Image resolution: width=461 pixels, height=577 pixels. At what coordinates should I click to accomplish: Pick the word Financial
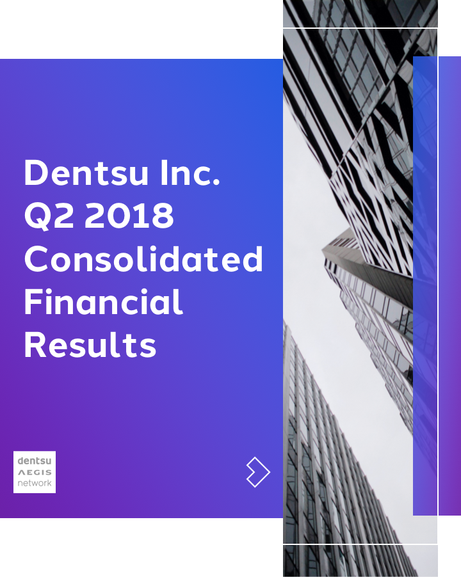103,302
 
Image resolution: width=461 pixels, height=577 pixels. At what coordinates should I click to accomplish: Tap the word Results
90,345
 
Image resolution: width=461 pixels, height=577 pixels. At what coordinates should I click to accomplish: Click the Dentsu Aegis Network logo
35,472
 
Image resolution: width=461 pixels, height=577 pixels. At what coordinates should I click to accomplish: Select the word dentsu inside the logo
35,461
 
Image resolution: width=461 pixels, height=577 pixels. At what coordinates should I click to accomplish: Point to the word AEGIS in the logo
35,472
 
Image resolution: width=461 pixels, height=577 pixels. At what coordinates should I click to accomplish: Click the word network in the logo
35,484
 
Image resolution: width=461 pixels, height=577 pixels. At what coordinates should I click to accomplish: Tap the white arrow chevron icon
257,473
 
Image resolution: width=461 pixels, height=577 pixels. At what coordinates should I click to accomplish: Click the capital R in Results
35,345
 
